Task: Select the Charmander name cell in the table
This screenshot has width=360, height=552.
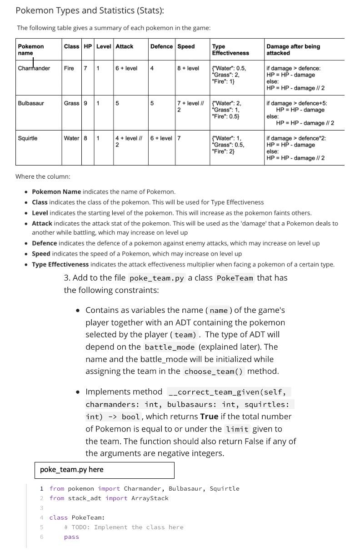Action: (x=34, y=68)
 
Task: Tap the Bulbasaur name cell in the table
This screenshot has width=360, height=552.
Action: (x=31, y=103)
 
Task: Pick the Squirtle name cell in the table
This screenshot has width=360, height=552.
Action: (x=28, y=138)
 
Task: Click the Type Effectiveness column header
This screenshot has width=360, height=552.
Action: (x=230, y=50)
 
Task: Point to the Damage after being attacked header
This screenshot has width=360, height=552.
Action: (x=293, y=50)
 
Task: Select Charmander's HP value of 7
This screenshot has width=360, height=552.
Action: (x=85, y=68)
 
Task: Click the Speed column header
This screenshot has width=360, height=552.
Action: (x=186, y=46)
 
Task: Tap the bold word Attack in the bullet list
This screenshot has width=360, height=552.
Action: (x=42, y=224)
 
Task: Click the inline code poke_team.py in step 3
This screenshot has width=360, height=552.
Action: (x=157, y=278)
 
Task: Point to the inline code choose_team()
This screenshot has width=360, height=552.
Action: (x=214, y=371)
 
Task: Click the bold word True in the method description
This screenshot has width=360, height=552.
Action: (x=209, y=417)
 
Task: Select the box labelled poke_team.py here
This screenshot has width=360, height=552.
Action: (x=104, y=470)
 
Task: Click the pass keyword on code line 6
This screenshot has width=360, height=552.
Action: (x=71, y=537)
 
